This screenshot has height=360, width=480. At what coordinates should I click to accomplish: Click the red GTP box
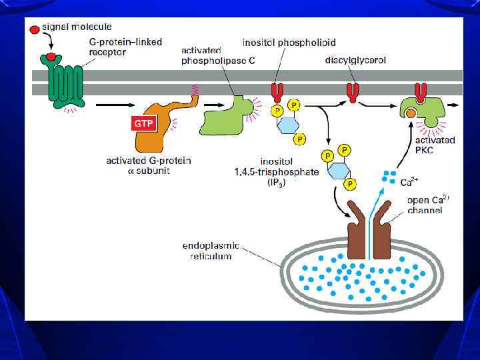click(143, 123)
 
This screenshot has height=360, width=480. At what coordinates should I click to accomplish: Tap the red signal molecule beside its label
click(35, 30)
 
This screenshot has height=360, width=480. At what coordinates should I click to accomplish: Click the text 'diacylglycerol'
click(355, 60)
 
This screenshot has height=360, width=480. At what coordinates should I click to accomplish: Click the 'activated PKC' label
click(435, 145)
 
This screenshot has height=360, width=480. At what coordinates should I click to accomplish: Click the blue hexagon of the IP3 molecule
click(338, 169)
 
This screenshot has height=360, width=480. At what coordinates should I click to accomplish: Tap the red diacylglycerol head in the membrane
click(352, 91)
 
